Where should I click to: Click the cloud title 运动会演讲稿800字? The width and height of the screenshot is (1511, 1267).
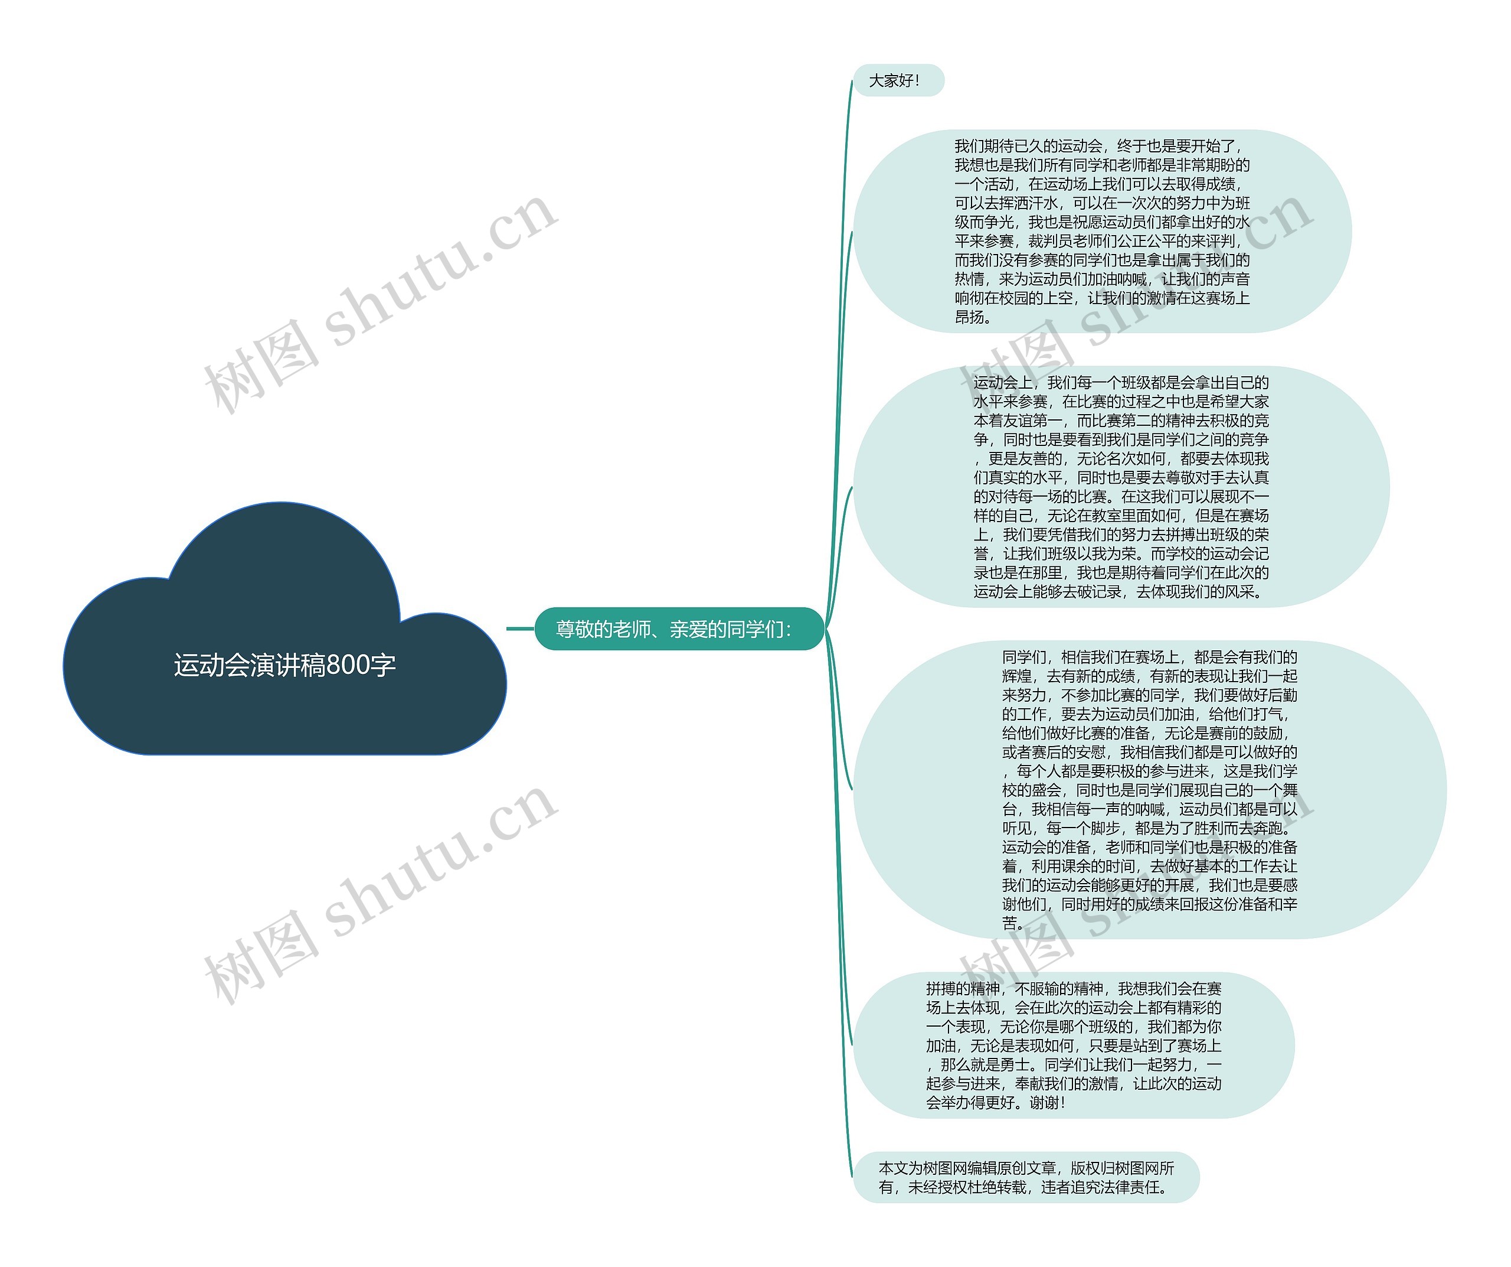point(284,665)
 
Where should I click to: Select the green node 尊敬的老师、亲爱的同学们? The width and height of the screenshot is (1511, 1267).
point(674,629)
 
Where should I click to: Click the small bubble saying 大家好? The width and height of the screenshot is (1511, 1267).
point(894,80)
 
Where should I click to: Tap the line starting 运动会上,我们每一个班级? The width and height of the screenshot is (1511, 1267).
point(1121,382)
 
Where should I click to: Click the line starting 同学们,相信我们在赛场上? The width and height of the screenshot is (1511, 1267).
point(1149,657)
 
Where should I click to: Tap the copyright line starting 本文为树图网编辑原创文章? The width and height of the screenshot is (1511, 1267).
point(1026,1168)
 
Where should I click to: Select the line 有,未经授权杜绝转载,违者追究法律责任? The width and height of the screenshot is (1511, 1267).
point(1022,1187)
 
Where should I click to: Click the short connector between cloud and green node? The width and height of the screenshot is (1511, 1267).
point(520,628)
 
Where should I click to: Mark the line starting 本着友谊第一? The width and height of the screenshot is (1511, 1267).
point(1121,421)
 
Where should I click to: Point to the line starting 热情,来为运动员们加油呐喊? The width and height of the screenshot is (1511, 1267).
point(1101,279)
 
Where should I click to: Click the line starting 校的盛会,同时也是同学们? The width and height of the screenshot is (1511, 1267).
point(1149,790)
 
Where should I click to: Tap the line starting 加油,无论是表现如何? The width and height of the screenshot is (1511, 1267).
point(1074,1045)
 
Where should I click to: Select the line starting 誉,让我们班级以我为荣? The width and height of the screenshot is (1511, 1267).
point(1121,553)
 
